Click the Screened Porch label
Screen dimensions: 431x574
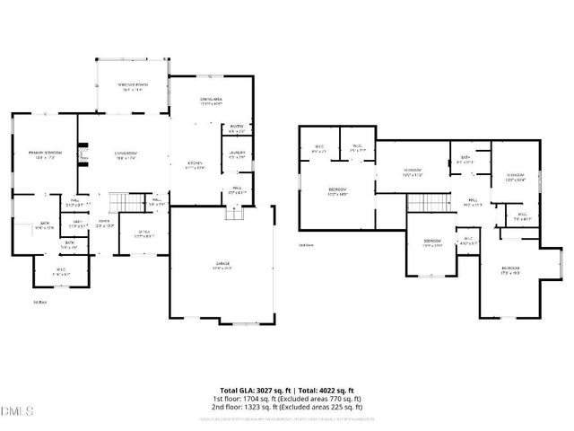click(132, 86)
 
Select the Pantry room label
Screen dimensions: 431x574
click(238, 128)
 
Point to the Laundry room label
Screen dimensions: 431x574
click(238, 154)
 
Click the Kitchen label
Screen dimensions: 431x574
click(195, 166)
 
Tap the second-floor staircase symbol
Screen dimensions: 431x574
click(424, 203)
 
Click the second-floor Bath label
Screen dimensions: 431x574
click(465, 160)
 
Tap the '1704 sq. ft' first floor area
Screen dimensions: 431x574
click(255, 398)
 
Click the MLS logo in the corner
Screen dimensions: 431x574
click(17, 411)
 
